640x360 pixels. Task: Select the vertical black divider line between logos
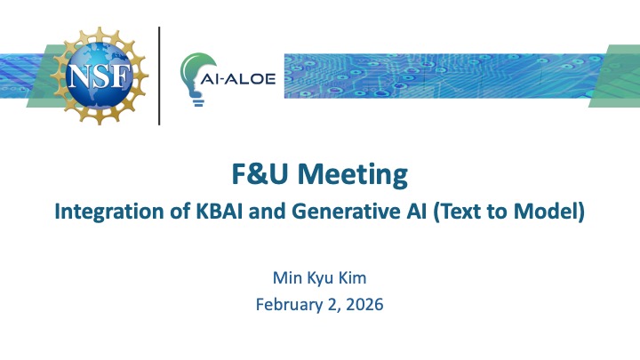click(160, 76)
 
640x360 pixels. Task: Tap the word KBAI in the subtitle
click(213, 213)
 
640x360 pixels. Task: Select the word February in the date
click(286, 305)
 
